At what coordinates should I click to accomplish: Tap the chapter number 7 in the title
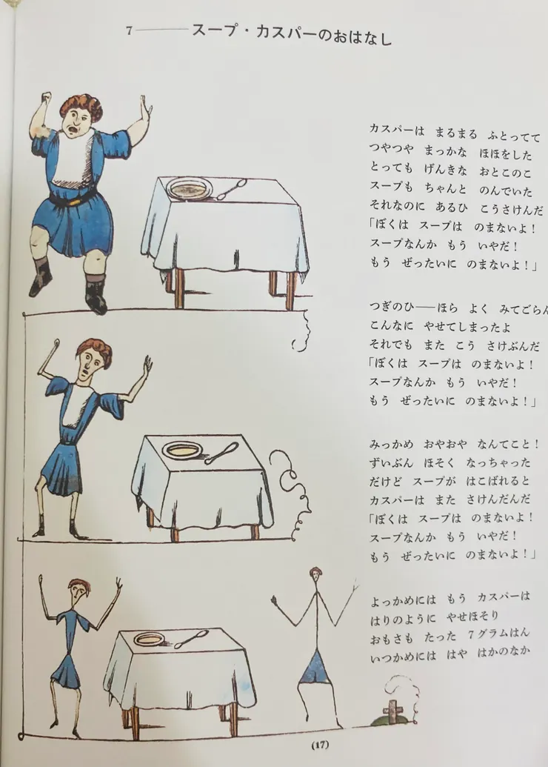(129, 32)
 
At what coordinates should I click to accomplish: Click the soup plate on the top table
(190, 188)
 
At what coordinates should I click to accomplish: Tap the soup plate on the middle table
(183, 450)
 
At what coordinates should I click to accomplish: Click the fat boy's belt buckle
(73, 199)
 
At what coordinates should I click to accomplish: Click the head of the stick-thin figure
(316, 575)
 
